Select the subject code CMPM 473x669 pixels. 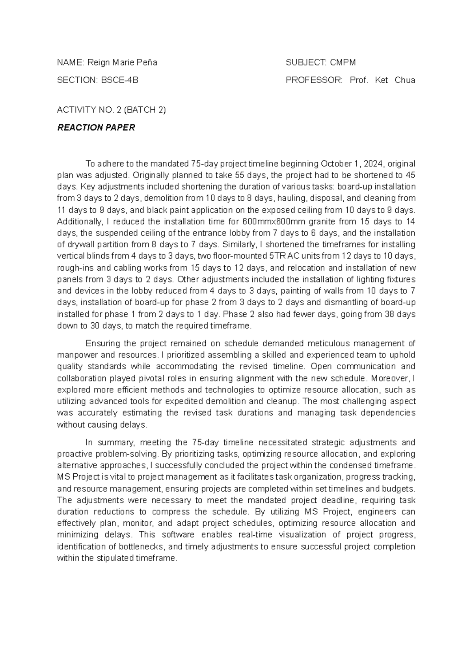(343, 62)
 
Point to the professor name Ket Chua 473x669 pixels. (395, 80)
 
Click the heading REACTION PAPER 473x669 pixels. (96, 127)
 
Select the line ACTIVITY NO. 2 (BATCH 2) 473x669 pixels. (112, 110)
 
